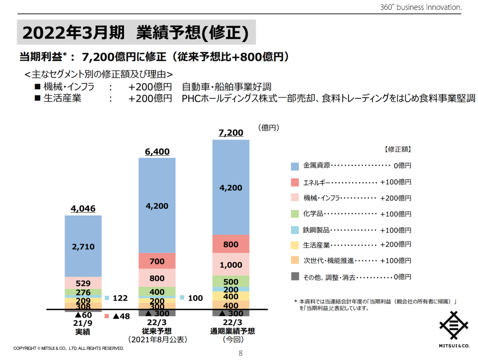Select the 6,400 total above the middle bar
point(157,152)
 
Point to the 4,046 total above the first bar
point(83,209)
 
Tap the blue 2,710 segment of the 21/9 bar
point(83,247)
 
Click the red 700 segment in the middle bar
point(157,262)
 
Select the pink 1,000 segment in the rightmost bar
point(231,265)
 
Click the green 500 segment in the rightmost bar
point(231,281)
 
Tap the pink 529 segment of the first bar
point(83,284)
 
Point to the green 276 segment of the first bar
point(83,293)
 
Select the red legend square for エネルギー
point(295,182)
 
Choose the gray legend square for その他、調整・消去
point(295,277)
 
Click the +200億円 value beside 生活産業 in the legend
point(395,245)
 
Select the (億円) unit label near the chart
point(268,128)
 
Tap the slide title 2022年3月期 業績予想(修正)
point(136,33)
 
